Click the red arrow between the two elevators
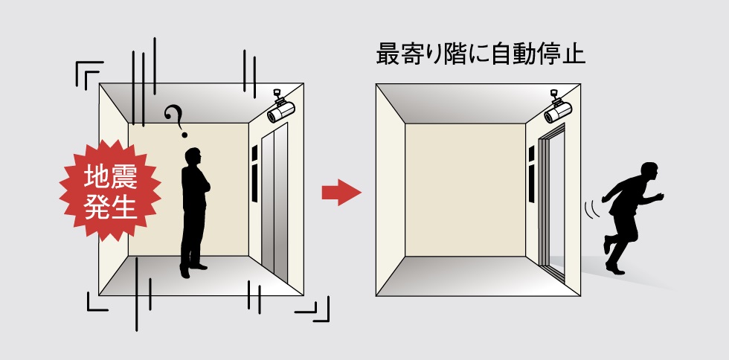341,192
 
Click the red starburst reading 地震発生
110,190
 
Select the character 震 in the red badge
124,177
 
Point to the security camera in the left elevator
280,107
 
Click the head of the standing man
193,157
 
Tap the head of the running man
649,170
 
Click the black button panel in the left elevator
254,173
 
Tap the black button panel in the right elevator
531,173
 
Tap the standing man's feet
193,270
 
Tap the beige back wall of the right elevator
466,190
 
